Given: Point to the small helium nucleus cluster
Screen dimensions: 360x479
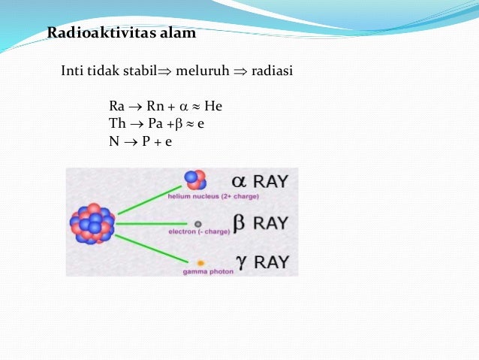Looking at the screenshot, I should [196, 180].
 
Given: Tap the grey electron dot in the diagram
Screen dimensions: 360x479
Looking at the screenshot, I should [198, 223].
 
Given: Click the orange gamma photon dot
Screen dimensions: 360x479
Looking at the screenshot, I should [200, 263].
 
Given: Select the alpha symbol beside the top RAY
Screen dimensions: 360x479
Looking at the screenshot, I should [239, 182].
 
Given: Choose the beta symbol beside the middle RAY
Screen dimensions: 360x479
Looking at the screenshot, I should [239, 223].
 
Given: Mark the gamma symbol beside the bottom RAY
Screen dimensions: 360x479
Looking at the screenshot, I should [239, 262].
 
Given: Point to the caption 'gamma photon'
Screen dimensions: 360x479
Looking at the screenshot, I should [208, 272].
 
